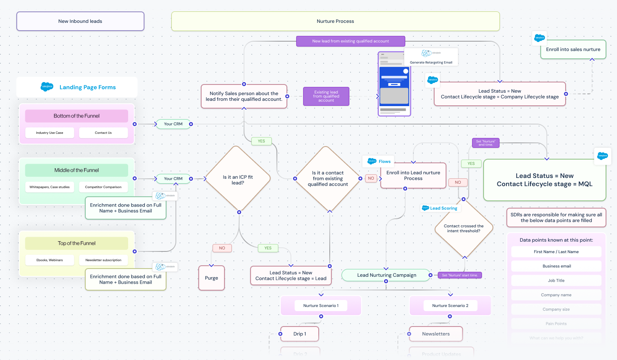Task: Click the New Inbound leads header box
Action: click(80, 21)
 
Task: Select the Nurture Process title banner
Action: click(335, 21)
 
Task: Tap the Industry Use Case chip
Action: click(49, 133)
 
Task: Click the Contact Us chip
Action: click(103, 133)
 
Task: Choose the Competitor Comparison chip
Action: click(103, 187)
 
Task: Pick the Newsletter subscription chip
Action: click(103, 260)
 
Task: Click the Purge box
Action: click(211, 278)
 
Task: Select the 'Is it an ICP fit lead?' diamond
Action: click(238, 180)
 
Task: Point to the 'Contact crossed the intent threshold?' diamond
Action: click(464, 229)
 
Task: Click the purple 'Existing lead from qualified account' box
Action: click(326, 96)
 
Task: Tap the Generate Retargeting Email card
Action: click(431, 57)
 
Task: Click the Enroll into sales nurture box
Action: click(573, 49)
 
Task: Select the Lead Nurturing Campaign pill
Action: click(386, 275)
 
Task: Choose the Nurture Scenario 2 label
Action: click(450, 305)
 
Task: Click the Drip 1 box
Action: click(300, 334)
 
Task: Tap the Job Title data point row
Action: click(556, 280)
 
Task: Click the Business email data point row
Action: click(556, 266)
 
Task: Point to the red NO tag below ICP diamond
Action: click(222, 248)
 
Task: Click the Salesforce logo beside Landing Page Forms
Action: click(47, 87)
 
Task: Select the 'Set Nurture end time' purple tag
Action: click(486, 143)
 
